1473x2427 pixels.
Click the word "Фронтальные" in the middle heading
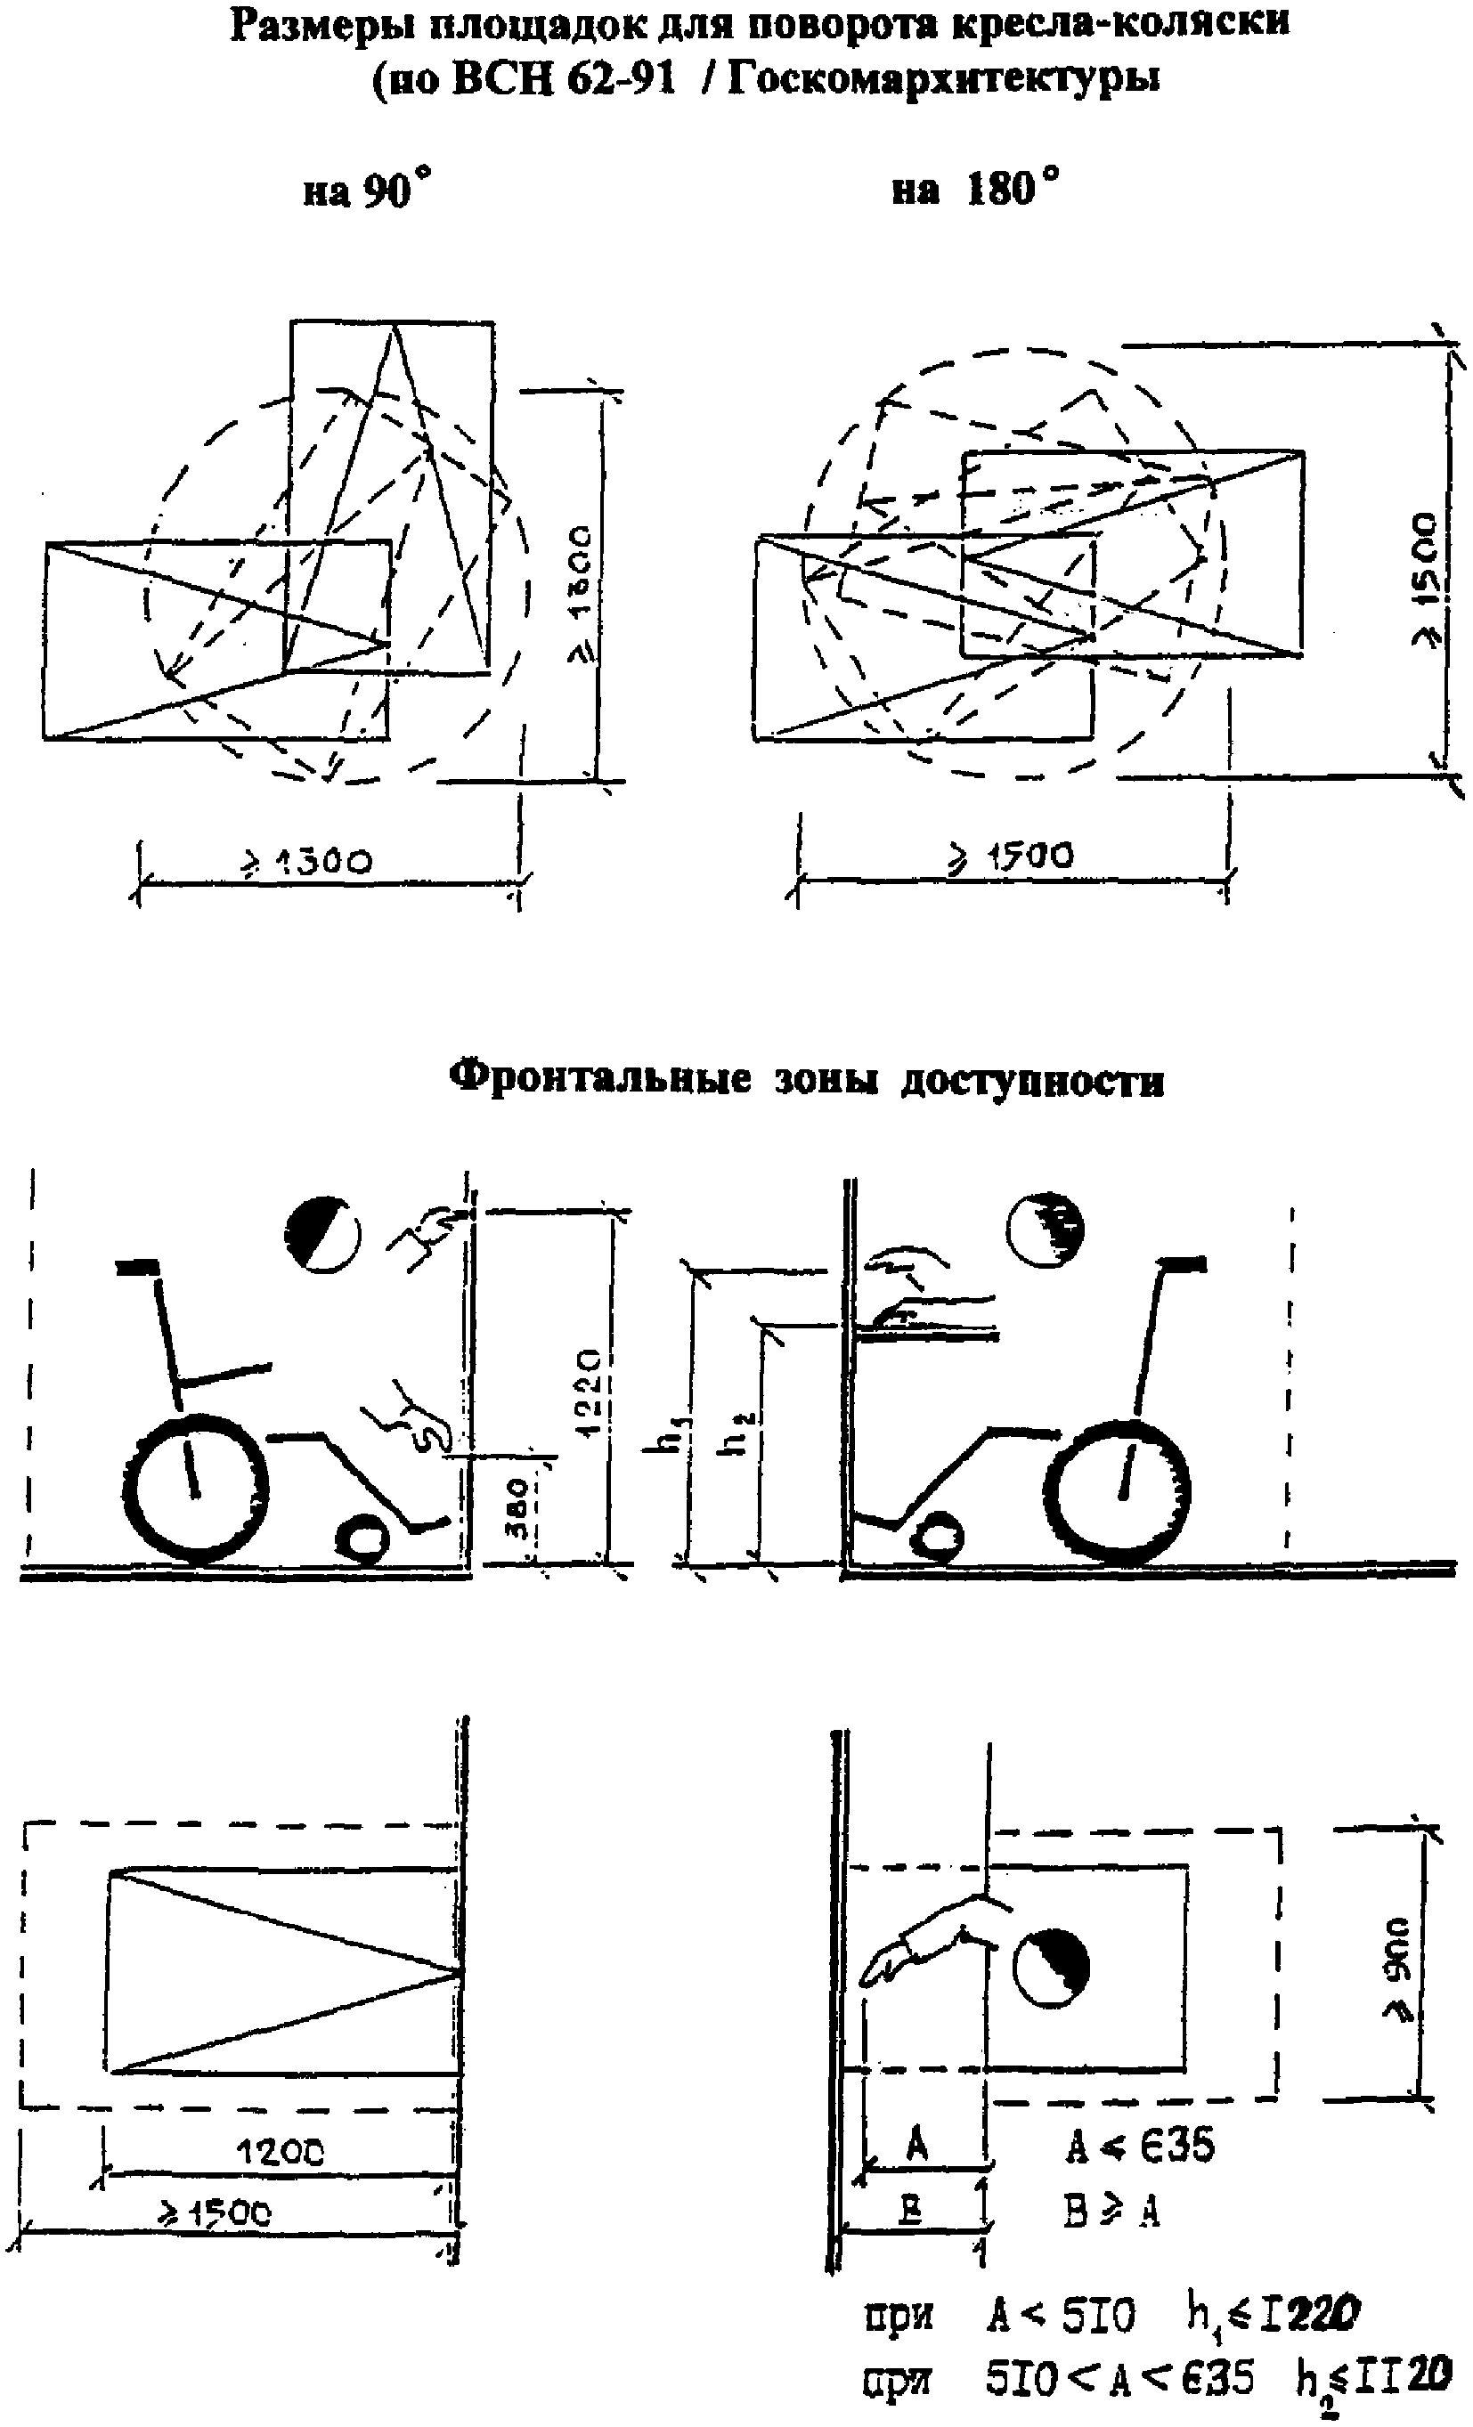pos(599,1078)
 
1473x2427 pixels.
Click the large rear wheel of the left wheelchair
pos(196,1490)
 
